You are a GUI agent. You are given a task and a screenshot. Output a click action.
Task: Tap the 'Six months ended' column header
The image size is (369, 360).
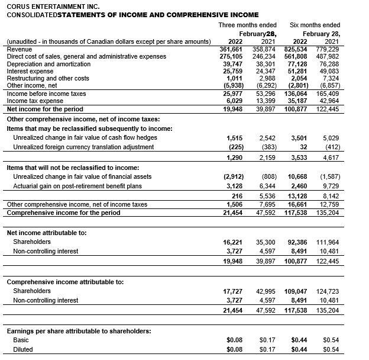click(x=315, y=25)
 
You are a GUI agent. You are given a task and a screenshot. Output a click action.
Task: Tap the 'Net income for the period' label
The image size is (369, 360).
click(x=45, y=109)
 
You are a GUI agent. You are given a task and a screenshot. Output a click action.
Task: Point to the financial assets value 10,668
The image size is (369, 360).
click(x=297, y=176)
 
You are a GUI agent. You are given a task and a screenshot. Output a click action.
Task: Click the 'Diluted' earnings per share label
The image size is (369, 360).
click(x=23, y=349)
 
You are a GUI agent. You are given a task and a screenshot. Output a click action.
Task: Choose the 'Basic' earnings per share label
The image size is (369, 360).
click(x=21, y=340)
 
